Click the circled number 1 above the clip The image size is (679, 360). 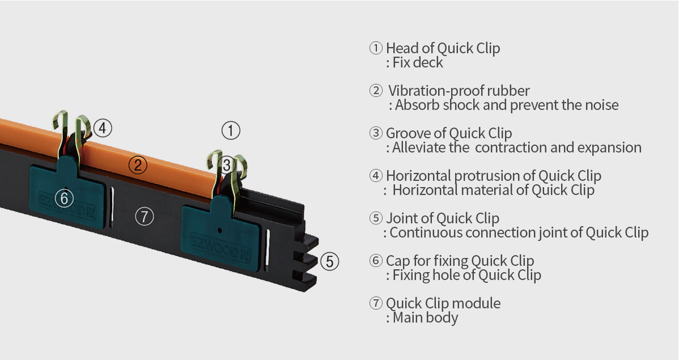pos(231,130)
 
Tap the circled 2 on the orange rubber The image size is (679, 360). pos(138,165)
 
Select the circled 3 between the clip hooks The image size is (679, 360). pos(227,165)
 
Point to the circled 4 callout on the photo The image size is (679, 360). pos(103,128)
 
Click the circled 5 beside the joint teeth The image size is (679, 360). pos(330,262)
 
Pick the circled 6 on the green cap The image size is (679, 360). pos(64,198)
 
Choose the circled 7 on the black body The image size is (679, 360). pos(144,216)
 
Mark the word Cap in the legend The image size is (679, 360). pos(398,261)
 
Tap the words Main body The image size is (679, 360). pos(425,317)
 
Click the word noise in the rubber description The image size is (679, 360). pos(602,105)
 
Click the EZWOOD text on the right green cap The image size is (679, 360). pos(215,246)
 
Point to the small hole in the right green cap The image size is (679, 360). pos(220,230)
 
